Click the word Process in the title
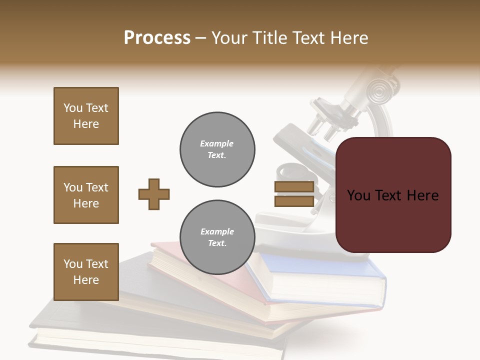click(157, 38)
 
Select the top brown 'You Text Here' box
click(86, 116)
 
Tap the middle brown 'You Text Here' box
click(86, 195)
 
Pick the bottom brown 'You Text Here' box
click(86, 272)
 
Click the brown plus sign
click(154, 194)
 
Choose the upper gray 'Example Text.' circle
click(217, 149)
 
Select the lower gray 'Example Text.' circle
click(217, 237)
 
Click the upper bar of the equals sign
click(294, 186)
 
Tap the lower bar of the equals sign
click(294, 201)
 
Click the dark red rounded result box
click(393, 195)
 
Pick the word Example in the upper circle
click(217, 144)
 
